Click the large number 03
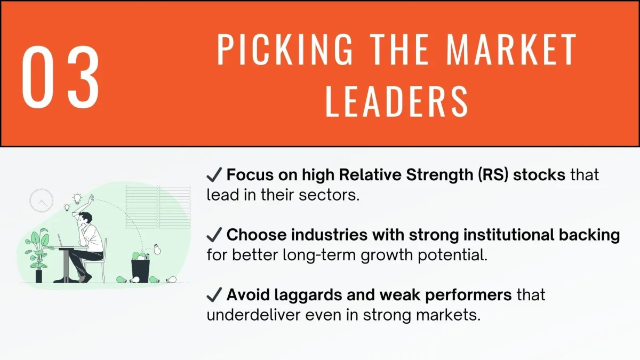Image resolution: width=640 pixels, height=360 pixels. [61, 77]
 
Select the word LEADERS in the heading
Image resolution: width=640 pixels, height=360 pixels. [397, 101]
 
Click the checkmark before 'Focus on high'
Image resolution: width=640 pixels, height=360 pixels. [214, 174]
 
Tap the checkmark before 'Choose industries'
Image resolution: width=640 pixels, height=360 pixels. [214, 235]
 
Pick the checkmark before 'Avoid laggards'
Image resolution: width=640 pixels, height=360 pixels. [214, 295]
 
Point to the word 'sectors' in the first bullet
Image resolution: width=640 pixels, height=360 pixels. [329, 195]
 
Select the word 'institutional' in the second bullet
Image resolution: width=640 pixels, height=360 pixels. [509, 235]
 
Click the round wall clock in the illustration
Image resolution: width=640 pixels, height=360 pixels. [42, 201]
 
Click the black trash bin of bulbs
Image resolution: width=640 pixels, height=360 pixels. [140, 271]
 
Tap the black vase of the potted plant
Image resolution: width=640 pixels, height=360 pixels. [38, 276]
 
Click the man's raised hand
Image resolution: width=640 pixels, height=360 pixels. [91, 198]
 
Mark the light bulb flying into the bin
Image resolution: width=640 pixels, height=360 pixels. [157, 249]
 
